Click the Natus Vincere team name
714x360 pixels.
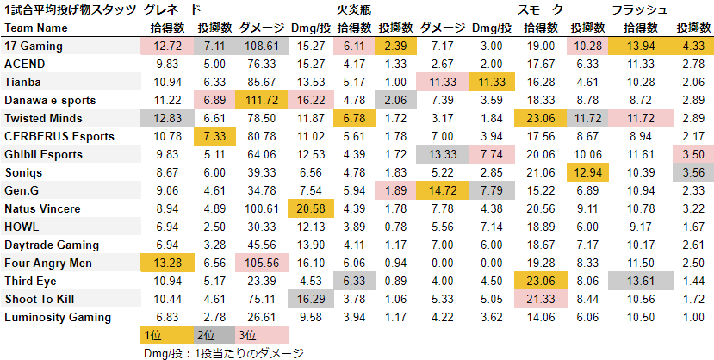[43, 208]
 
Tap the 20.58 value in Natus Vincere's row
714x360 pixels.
[310, 208]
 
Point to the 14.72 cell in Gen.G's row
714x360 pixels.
[443, 190]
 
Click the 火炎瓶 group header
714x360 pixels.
[354, 9]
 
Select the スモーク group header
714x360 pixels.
[541, 9]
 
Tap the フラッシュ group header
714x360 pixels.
[639, 9]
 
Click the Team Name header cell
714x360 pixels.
[34, 28]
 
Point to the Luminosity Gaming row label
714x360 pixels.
[57, 317]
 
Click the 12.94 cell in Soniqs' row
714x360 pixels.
[588, 172]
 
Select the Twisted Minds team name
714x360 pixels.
[43, 118]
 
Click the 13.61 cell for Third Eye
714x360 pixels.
[637, 281]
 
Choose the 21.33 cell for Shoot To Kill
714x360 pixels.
[540, 299]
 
